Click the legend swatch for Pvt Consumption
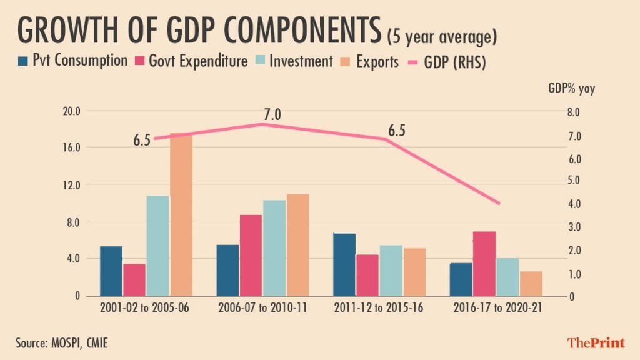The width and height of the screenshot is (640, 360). tap(23, 61)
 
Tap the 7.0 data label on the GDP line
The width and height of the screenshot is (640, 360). tap(272, 115)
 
